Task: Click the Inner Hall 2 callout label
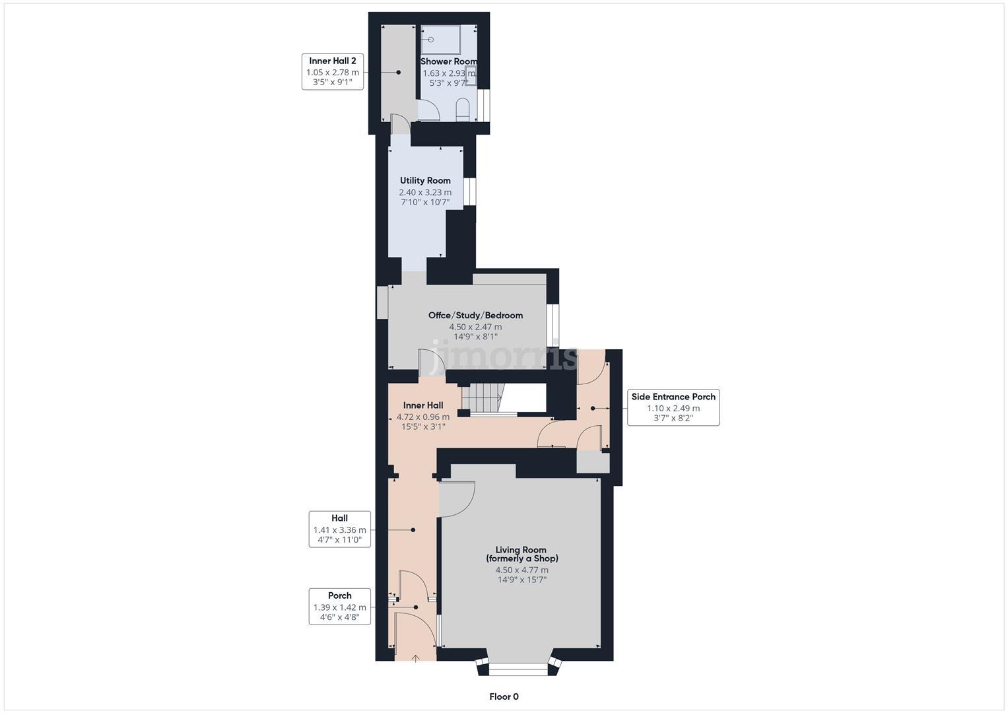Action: click(x=333, y=71)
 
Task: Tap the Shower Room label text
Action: click(x=449, y=61)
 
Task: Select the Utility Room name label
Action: click(x=425, y=180)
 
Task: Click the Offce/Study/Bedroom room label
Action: click(x=475, y=316)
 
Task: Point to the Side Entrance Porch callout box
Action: click(x=673, y=407)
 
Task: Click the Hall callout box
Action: click(x=339, y=529)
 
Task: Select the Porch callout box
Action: click(x=339, y=607)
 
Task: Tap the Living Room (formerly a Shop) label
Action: click(x=521, y=554)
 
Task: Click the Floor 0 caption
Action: click(x=504, y=696)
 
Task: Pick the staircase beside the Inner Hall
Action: click(x=482, y=398)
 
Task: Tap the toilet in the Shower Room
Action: click(x=463, y=110)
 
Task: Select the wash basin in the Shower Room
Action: click(x=471, y=76)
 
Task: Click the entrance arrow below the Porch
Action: click(x=416, y=658)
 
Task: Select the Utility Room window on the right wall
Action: click(x=469, y=191)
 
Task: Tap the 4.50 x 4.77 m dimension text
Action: click(x=521, y=570)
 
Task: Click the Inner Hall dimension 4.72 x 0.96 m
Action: click(x=422, y=417)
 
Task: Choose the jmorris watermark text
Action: click(x=504, y=356)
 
